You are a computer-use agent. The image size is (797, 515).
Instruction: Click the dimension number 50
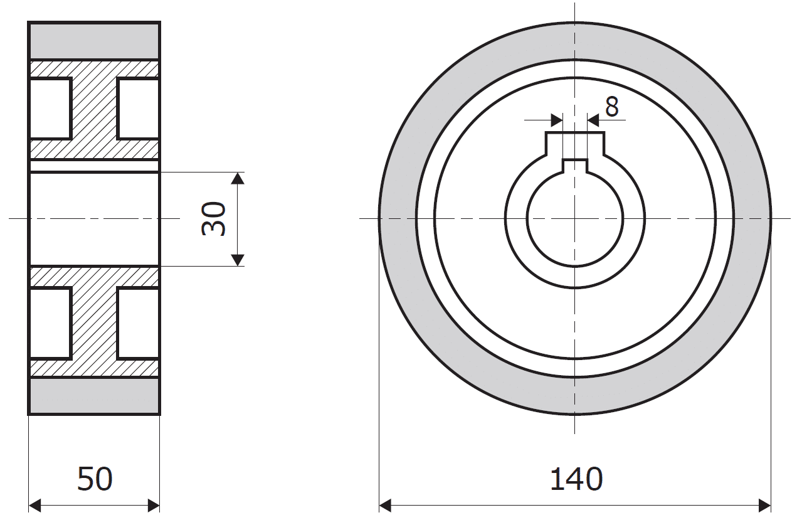[95, 479]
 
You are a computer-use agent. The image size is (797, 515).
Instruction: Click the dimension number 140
[576, 479]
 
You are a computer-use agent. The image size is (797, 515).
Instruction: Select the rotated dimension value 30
[213, 218]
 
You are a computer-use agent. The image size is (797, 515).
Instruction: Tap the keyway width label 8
[612, 107]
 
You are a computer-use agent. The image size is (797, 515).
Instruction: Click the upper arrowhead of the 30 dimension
[237, 178]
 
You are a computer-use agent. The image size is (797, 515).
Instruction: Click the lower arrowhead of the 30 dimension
[237, 260]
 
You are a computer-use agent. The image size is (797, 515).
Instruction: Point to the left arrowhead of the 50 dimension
[34, 506]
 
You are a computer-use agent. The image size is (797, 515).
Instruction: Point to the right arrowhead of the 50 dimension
[154, 506]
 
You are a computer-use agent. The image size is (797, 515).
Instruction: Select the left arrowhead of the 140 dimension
[386, 506]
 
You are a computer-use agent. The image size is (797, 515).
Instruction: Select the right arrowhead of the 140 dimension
[764, 506]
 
